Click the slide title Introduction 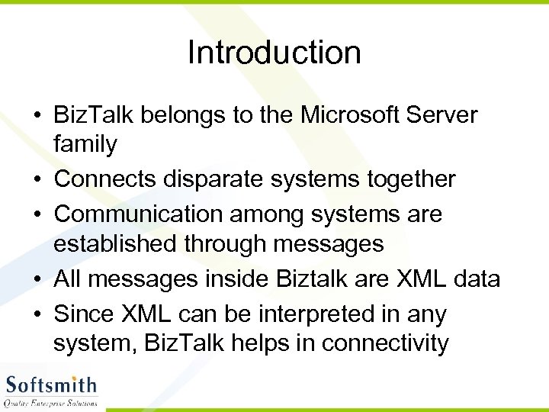tap(274, 53)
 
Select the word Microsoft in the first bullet tap(356, 115)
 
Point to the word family tap(85, 143)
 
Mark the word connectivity tap(385, 343)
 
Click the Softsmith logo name tap(51, 383)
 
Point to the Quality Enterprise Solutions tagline tap(51, 402)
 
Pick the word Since tap(82, 314)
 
